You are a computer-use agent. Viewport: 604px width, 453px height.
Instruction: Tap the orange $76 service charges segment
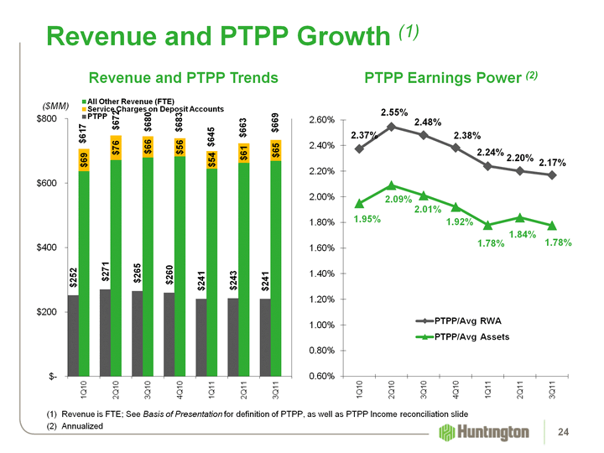click(116, 148)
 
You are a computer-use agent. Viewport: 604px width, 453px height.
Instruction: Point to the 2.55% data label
click(394, 112)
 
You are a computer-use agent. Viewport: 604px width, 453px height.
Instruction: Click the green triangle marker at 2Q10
click(392, 185)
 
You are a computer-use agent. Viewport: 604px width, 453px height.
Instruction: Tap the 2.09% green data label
click(399, 200)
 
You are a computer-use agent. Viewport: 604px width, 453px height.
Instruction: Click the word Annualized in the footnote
click(83, 427)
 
